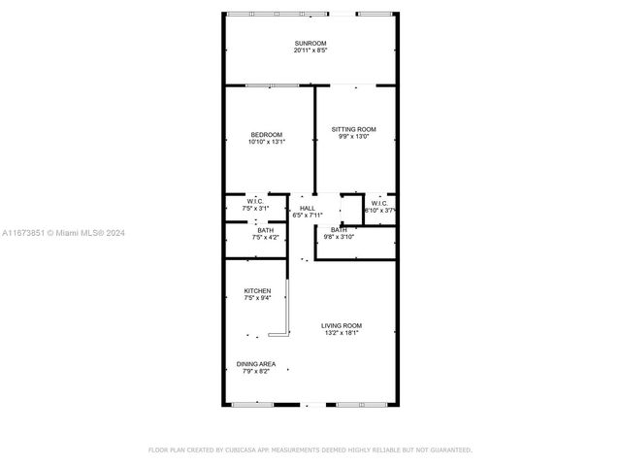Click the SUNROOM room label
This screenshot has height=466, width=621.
click(x=310, y=44)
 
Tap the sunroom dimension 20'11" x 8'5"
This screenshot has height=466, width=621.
click(x=310, y=51)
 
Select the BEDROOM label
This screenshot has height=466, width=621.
click(x=266, y=134)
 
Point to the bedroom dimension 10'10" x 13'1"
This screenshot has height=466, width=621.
click(x=266, y=143)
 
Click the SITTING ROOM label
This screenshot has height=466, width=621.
click(x=353, y=129)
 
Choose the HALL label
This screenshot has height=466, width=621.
click(x=307, y=208)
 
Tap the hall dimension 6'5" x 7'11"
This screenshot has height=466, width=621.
click(x=307, y=216)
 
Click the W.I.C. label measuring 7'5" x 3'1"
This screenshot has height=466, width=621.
click(x=255, y=201)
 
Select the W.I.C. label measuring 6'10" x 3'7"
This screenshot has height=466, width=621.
click(x=379, y=203)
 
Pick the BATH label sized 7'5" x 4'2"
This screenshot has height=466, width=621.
click(x=251, y=230)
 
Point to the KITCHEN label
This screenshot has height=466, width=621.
click(x=257, y=291)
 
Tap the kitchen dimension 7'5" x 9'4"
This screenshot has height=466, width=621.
click(x=257, y=299)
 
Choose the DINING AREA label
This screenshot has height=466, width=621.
click(x=256, y=364)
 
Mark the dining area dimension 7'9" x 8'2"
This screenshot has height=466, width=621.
click(x=256, y=372)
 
